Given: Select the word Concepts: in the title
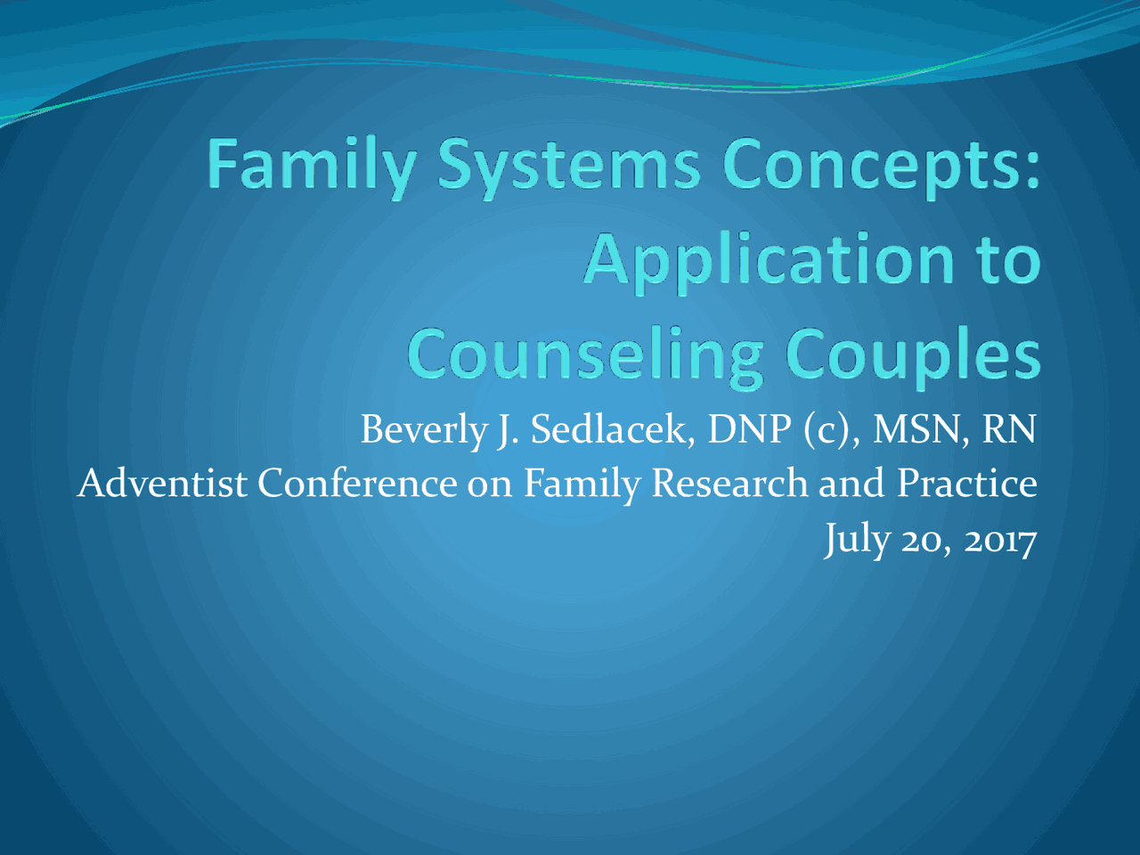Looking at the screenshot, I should pyautogui.click(x=880, y=167).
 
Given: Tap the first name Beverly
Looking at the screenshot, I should pyautogui.click(x=424, y=430).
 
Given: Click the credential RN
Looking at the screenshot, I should pyautogui.click(x=1009, y=429).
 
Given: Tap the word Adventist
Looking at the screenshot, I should pyautogui.click(x=162, y=484).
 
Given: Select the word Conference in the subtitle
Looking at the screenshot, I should pyautogui.click(x=357, y=484).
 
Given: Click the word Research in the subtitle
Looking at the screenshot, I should pyautogui.click(x=729, y=484).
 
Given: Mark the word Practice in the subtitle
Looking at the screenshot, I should pyautogui.click(x=966, y=484).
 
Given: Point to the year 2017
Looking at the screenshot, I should pyautogui.click(x=1000, y=540).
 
